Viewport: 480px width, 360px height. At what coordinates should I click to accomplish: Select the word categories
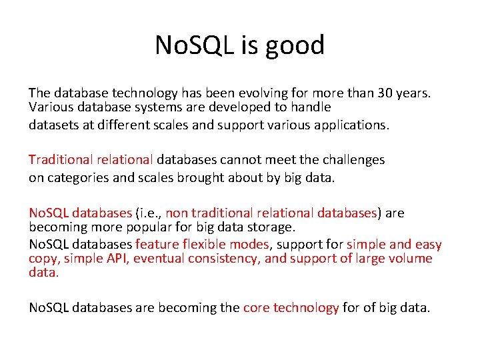[75, 177]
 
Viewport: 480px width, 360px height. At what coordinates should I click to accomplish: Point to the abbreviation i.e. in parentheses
[148, 213]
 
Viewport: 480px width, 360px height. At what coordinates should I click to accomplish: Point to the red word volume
[410, 259]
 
